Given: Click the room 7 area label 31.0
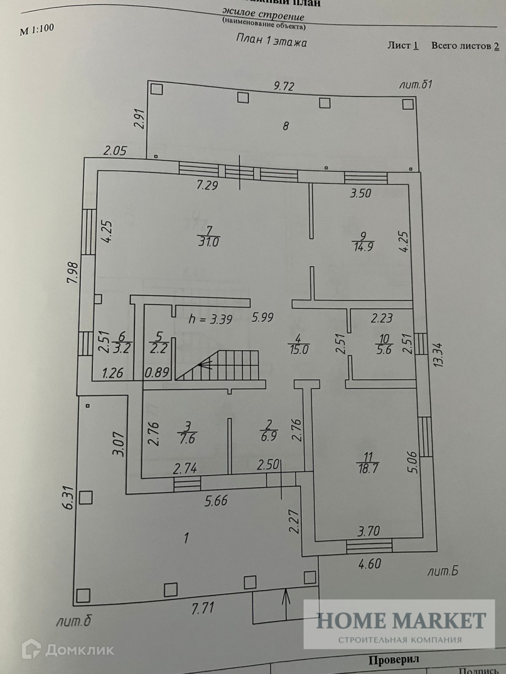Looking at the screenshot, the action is click(x=208, y=236).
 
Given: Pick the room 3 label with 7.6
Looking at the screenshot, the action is click(x=187, y=432).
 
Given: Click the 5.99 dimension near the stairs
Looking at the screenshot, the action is click(x=263, y=317).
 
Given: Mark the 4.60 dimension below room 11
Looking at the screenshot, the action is click(x=369, y=563).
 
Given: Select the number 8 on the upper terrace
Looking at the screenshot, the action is click(x=286, y=126).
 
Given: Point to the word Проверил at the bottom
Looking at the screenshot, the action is click(x=394, y=659).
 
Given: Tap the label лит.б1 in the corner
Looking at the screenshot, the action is click(x=415, y=85).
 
